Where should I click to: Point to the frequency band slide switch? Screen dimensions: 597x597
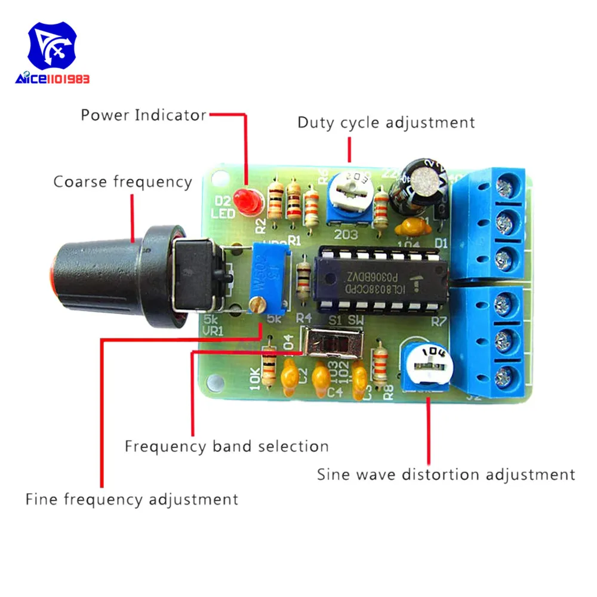331,346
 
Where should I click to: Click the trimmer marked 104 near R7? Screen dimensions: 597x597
429,364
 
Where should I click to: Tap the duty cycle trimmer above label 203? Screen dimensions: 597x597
350,194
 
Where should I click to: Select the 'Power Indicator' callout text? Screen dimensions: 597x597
143,115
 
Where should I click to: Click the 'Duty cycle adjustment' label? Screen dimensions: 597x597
386,123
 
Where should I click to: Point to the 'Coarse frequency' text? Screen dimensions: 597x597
123,181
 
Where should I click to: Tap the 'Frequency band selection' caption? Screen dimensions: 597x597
227,446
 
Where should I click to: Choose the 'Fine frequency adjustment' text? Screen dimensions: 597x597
131,498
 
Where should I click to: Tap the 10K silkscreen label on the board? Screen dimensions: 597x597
253,380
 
